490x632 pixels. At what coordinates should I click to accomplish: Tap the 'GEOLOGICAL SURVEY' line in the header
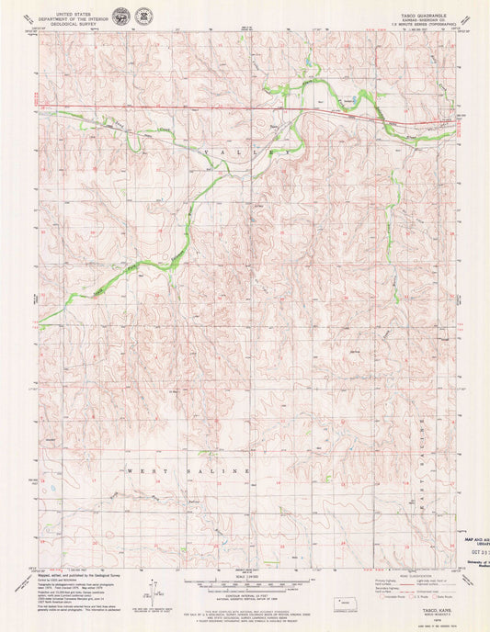click(77, 26)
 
